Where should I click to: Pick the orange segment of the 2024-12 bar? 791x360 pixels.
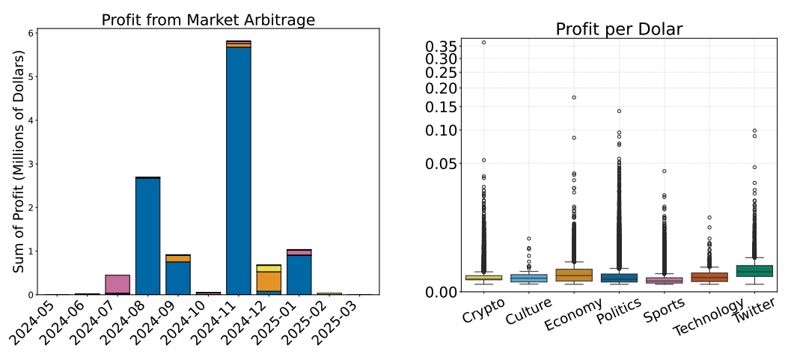tap(269, 281)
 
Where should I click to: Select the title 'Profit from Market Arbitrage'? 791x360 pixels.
tap(208, 20)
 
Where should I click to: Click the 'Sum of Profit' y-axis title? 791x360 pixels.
tap(19, 162)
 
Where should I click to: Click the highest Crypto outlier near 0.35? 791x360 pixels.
tap(483, 43)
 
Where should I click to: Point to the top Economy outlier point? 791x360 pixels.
tap(574, 97)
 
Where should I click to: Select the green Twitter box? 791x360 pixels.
tap(755, 270)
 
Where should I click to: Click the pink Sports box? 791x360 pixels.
tap(665, 280)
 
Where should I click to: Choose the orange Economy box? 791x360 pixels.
tap(574, 275)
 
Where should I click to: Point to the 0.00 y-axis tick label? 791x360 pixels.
tap(442, 292)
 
